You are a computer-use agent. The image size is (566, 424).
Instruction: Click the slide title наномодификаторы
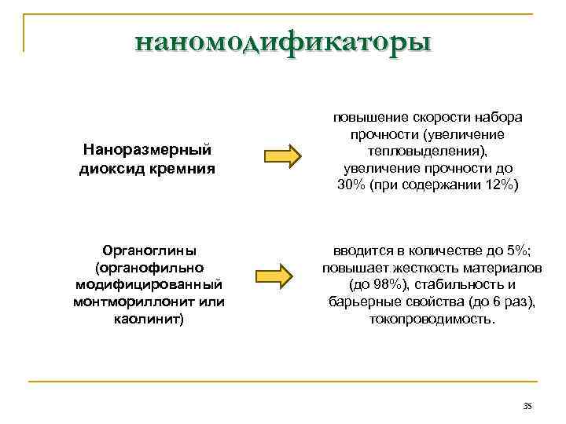click(x=283, y=40)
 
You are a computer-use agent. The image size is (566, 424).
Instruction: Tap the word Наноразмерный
click(x=147, y=148)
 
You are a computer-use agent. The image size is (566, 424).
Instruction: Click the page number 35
click(x=527, y=405)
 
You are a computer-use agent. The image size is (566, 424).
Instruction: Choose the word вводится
click(x=358, y=250)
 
